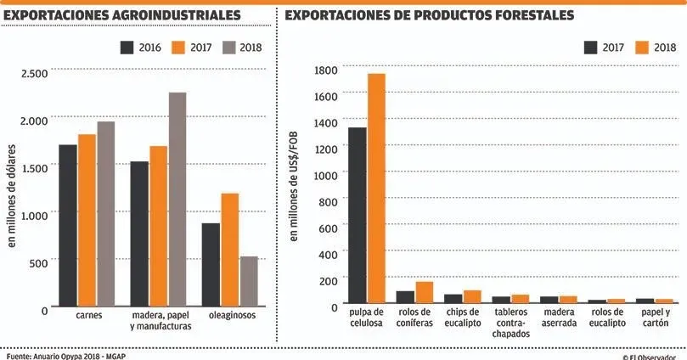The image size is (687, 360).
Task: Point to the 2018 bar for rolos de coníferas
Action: [424, 293]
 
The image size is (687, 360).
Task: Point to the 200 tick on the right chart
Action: [329, 278]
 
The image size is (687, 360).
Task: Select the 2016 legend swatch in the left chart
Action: [127, 47]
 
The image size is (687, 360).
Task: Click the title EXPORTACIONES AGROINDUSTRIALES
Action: [122, 16]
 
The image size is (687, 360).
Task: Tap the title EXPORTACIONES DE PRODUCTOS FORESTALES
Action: [429, 16]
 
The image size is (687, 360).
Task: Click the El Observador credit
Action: [654, 356]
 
